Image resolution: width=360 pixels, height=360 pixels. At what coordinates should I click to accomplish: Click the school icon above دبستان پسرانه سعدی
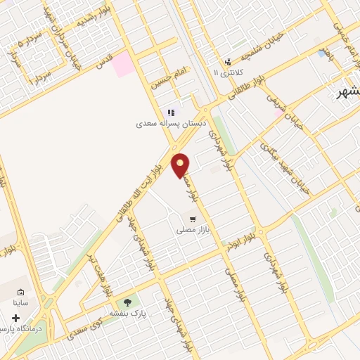[170, 112]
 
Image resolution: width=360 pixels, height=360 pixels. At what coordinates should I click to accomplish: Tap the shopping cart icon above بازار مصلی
[193, 219]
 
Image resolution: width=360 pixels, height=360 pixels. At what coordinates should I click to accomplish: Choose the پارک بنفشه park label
[127, 313]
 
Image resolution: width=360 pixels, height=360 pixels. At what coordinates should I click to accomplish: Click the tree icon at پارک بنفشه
[127, 302]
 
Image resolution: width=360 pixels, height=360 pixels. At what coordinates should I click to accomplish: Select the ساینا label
[20, 303]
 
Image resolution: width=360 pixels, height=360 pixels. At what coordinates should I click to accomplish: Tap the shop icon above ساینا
[20, 292]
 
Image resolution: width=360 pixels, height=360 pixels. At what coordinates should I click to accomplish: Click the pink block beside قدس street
[123, 64]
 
